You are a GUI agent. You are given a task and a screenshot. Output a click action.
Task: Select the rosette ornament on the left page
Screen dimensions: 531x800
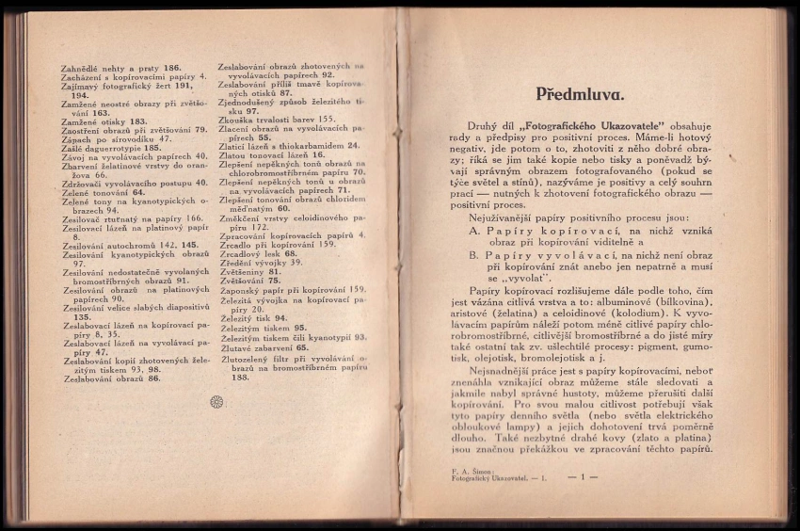coord(216,401)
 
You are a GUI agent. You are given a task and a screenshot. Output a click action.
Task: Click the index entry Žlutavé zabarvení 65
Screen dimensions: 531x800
coord(264,347)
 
